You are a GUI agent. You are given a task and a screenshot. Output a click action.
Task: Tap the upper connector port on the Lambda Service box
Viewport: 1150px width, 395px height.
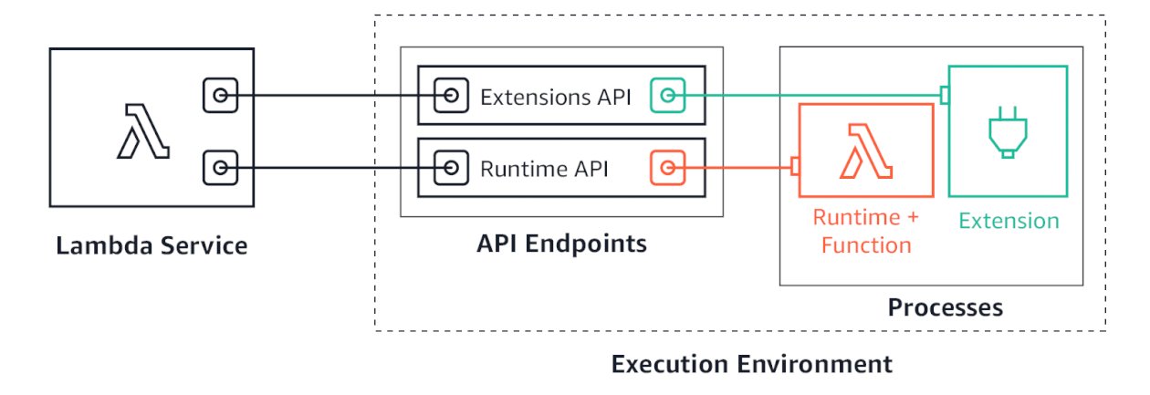click(x=220, y=95)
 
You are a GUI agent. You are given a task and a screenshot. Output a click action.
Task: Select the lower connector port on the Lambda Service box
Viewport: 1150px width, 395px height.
click(x=220, y=168)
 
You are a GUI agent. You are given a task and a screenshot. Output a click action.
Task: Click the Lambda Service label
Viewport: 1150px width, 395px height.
click(x=152, y=246)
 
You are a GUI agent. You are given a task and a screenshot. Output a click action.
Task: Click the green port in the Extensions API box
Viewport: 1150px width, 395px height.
click(x=667, y=95)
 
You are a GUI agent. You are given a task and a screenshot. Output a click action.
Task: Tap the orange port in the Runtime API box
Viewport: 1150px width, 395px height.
click(x=667, y=168)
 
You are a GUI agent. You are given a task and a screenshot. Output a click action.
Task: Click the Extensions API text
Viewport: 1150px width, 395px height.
click(x=556, y=96)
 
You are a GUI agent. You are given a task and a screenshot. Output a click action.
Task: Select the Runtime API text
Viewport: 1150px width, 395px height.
click(x=545, y=169)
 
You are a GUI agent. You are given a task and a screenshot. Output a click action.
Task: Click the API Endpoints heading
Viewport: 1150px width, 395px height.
click(x=561, y=244)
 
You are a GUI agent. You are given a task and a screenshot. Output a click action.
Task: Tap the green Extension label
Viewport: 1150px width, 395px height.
click(x=1009, y=221)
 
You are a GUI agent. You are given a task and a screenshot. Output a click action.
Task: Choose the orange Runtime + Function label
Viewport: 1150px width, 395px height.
click(x=866, y=232)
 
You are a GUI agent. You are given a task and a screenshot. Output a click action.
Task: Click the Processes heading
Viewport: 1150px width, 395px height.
click(x=945, y=307)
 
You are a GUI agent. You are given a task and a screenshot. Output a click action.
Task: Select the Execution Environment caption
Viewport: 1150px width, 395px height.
click(x=750, y=365)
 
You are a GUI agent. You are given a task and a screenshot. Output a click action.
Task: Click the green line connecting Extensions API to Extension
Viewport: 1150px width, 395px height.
click(x=812, y=95)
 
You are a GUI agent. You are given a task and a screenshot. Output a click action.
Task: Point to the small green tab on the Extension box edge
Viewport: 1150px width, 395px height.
click(x=945, y=95)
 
